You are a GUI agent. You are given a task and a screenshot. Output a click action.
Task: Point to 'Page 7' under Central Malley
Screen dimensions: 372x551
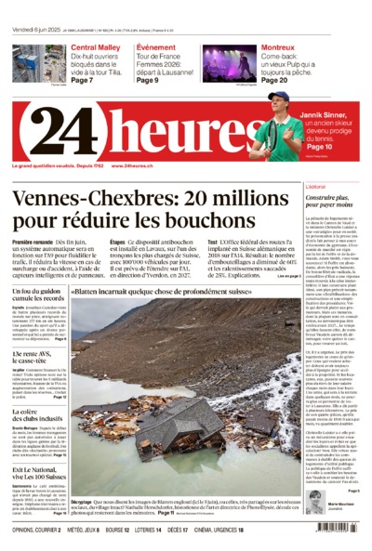(x=84, y=81)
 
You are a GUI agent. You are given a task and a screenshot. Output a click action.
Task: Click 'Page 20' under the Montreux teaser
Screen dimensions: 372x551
(x=274, y=81)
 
